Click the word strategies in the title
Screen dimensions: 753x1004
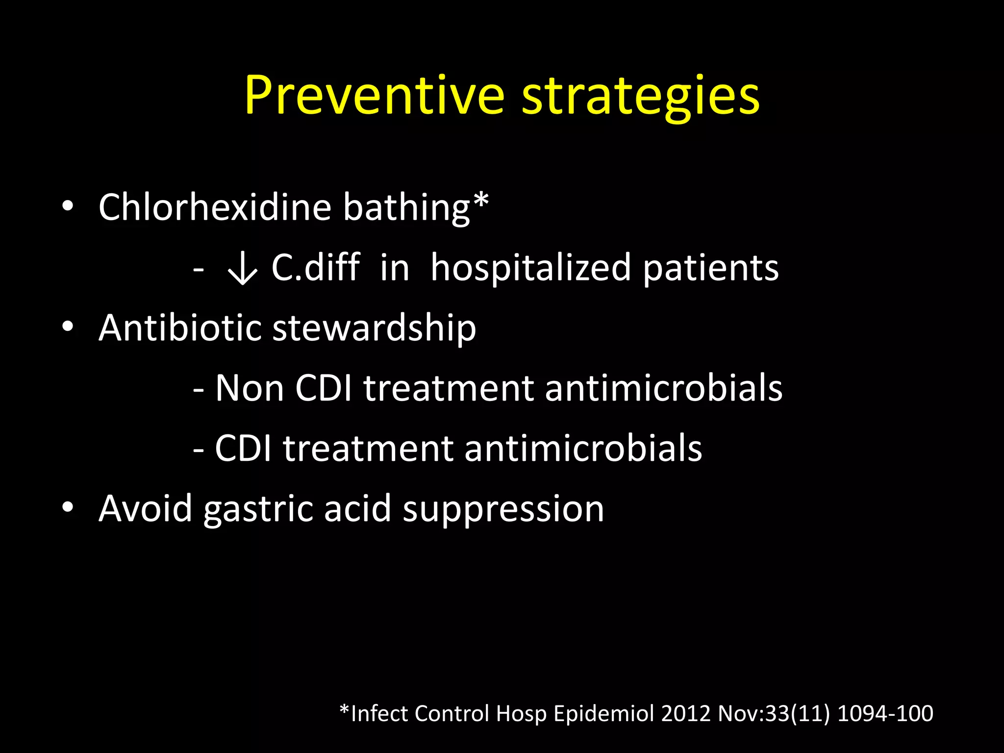coord(640,96)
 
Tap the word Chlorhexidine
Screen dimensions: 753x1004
coord(215,207)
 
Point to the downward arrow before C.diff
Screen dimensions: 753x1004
coord(242,269)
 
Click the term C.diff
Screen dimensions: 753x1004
coord(316,268)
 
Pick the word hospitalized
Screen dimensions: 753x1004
coord(530,269)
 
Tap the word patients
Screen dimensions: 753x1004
coord(710,269)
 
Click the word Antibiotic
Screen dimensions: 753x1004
coord(179,327)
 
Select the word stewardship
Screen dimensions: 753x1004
coord(374,328)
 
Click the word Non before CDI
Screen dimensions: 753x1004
coord(250,388)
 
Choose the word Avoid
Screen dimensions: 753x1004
coord(145,508)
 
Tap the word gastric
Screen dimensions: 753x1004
coord(258,509)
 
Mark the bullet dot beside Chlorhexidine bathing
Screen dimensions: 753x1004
coord(68,206)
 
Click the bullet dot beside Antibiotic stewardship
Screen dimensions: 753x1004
coord(68,326)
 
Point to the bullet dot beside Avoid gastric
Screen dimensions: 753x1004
coord(68,507)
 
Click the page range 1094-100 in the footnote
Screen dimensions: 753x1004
coord(885,713)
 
